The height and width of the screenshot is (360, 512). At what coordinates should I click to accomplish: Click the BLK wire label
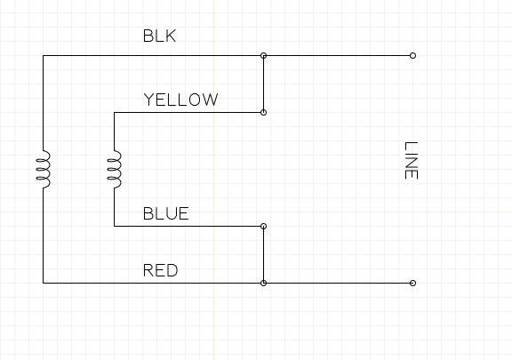tap(160, 36)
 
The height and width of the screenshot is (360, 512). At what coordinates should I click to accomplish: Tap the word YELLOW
tap(181, 100)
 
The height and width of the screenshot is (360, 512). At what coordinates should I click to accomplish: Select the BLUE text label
tap(166, 213)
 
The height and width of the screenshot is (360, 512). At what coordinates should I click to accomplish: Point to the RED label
tap(160, 270)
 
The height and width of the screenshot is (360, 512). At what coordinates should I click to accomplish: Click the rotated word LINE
tap(412, 160)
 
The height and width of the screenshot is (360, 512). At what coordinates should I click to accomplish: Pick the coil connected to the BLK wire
tap(43, 169)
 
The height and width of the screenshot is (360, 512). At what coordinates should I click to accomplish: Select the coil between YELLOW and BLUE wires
tap(115, 169)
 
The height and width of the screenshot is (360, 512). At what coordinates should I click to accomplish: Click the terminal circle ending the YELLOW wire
tap(263, 112)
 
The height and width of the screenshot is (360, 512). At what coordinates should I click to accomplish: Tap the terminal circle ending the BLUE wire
tap(263, 226)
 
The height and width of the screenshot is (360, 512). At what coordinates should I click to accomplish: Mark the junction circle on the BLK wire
tap(263, 55)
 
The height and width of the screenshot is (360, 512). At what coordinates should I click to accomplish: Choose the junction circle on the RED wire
tap(263, 283)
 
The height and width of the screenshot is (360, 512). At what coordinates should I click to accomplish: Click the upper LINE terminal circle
tap(412, 55)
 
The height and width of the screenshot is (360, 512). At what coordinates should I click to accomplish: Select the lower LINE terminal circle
tap(412, 283)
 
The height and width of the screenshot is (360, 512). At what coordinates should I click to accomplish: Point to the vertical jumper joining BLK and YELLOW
tap(263, 84)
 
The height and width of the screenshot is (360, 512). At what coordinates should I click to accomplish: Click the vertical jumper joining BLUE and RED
tap(263, 254)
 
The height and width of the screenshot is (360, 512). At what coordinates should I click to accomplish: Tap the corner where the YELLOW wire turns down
tap(115, 112)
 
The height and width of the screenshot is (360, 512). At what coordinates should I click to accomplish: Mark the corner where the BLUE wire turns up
tap(115, 226)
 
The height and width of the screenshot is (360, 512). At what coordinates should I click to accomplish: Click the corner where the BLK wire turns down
tap(43, 55)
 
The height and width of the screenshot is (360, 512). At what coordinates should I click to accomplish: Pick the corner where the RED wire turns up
tap(43, 283)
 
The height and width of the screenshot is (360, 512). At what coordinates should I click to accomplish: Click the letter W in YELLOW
tap(210, 100)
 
